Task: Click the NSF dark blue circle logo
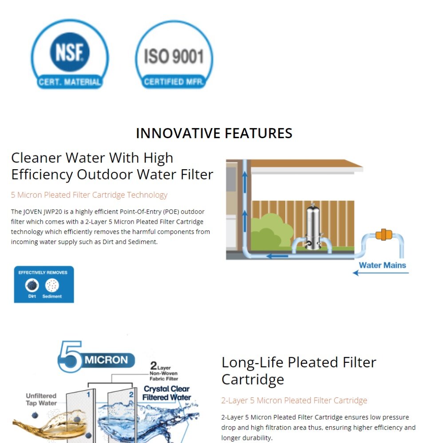click(x=70, y=52)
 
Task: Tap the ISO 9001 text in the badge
click(x=174, y=56)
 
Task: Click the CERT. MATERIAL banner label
click(x=70, y=82)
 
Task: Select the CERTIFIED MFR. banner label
click(x=174, y=82)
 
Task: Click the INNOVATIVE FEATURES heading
click(x=214, y=133)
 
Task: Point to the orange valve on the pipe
click(x=383, y=234)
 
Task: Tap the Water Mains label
click(x=382, y=265)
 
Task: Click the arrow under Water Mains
click(x=380, y=273)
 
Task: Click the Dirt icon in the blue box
click(x=32, y=285)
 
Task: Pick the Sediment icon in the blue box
click(x=52, y=285)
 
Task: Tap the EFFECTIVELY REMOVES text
click(x=43, y=272)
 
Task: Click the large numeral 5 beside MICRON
click(x=70, y=356)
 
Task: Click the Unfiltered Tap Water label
click(x=41, y=399)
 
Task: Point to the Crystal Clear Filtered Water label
click(x=167, y=393)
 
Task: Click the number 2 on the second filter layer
click(x=131, y=394)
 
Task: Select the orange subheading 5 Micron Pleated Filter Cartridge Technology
click(x=89, y=195)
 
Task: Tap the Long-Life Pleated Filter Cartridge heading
click(x=299, y=371)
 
